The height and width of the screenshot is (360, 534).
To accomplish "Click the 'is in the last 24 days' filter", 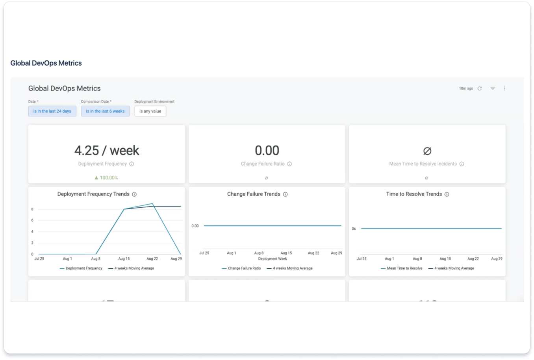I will (x=52, y=111).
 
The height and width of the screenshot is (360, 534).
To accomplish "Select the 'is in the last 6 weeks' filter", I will (x=105, y=111).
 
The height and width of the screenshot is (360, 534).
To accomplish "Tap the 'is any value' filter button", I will (x=150, y=111).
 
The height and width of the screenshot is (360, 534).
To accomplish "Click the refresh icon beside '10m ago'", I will (x=480, y=89).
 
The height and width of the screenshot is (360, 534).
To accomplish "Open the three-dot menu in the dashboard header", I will (x=504, y=89).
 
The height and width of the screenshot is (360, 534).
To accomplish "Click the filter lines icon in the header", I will (x=493, y=89).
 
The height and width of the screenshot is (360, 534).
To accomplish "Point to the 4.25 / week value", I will (x=107, y=150).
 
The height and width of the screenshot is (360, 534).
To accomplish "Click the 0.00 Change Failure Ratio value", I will (x=267, y=150).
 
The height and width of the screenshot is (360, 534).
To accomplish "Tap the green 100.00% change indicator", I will (x=106, y=178).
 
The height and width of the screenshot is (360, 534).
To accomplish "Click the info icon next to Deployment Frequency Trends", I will (x=134, y=194).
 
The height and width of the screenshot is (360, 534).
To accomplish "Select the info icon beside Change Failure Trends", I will (x=285, y=194).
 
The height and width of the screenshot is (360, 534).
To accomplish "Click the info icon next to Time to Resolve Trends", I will (x=447, y=194).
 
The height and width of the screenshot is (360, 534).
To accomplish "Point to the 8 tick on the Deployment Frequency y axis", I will (x=32, y=209).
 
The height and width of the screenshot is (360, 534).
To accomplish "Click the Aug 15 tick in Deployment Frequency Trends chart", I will (x=124, y=259).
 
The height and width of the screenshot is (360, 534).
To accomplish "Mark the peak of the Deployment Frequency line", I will (x=152, y=204).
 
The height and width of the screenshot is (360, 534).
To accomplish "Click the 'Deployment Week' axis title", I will (x=273, y=259).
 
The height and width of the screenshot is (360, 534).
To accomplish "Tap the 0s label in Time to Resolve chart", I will (x=354, y=229).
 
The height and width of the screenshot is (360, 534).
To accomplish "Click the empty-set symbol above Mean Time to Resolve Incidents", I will (x=427, y=151).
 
